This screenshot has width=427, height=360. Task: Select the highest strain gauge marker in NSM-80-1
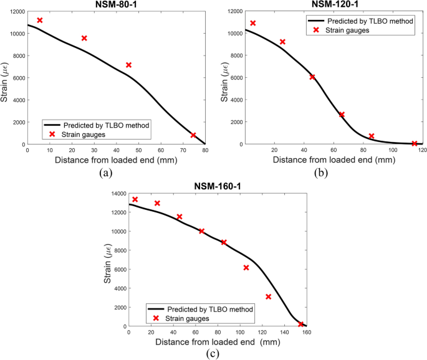click(x=40, y=21)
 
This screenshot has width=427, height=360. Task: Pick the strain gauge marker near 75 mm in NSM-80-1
click(x=193, y=135)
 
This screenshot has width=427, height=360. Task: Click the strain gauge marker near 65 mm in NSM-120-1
click(x=342, y=115)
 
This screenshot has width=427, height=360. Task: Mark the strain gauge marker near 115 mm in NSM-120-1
click(x=415, y=143)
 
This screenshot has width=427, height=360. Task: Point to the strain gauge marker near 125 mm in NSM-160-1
click(x=268, y=296)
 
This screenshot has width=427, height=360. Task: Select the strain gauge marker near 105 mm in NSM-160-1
click(x=246, y=268)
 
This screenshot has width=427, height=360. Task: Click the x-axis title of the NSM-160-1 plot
click(x=218, y=341)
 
